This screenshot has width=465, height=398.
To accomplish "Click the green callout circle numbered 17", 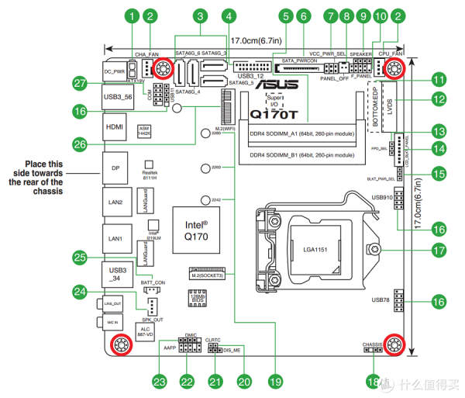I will tap(439, 251).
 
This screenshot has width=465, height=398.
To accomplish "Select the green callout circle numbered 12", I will tap(439, 99).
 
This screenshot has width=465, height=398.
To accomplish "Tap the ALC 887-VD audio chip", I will tap(144, 329).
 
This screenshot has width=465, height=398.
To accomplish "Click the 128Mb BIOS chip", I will tap(195, 299).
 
